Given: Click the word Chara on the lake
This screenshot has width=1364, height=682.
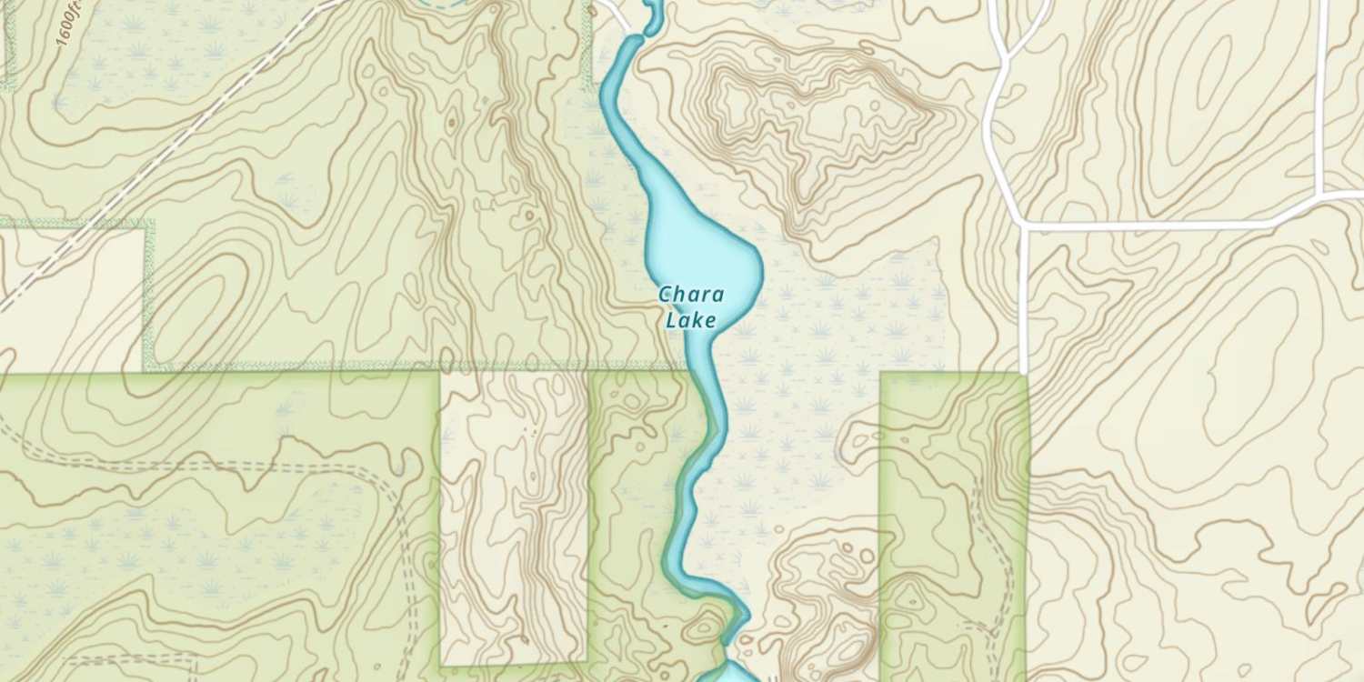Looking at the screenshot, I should point(691,295).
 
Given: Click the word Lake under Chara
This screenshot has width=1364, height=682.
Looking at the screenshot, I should point(691,319).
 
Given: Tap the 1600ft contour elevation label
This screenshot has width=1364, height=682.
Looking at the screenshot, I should point(68,23).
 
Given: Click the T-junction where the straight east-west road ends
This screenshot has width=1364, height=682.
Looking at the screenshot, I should point(1025,225).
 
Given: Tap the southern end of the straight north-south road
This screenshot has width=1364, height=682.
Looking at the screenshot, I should point(1025,368).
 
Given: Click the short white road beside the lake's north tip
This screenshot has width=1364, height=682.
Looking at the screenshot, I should point(616,14).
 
